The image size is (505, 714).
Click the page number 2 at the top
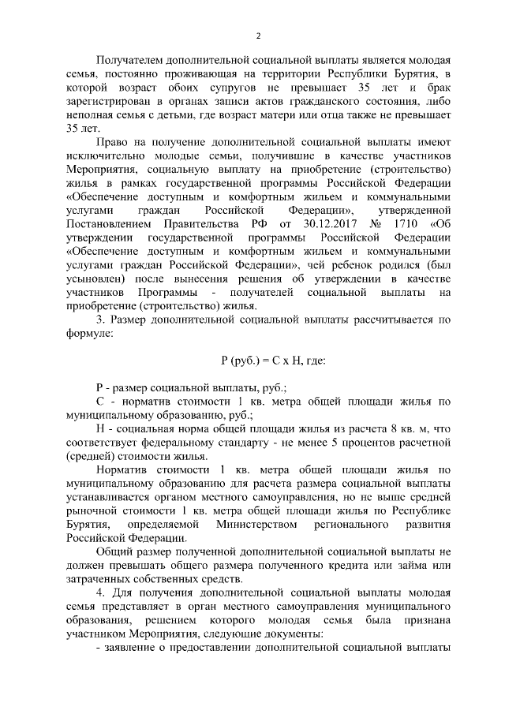(258, 35)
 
